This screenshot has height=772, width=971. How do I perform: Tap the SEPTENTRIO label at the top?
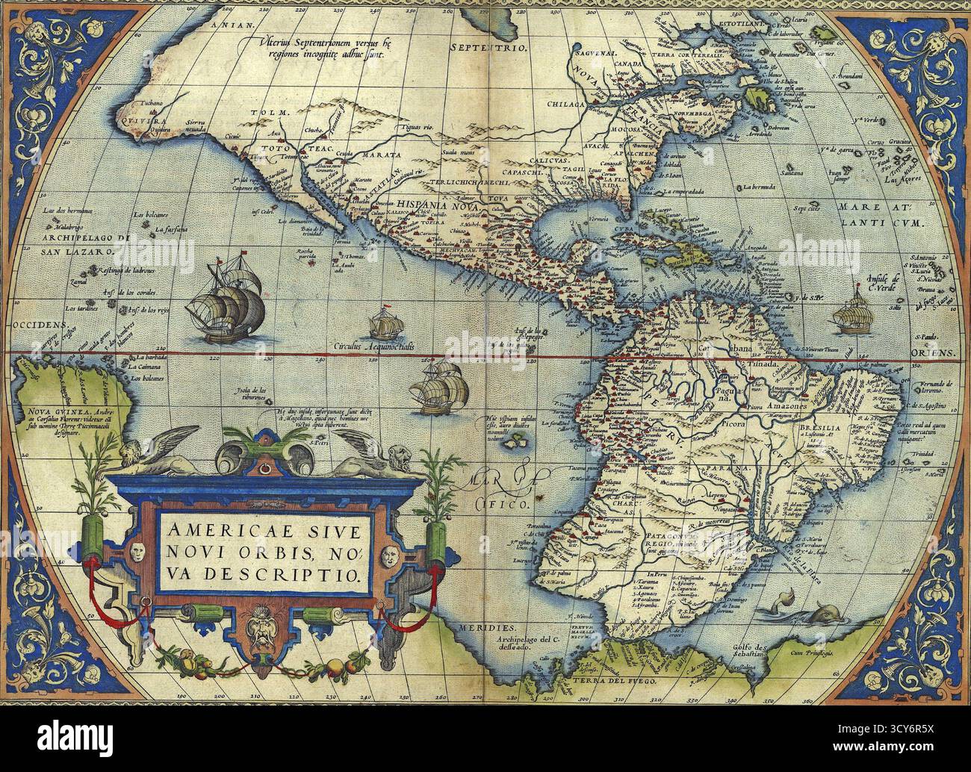(x=489, y=47)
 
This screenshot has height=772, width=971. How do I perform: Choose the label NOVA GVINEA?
(x=49, y=411)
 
